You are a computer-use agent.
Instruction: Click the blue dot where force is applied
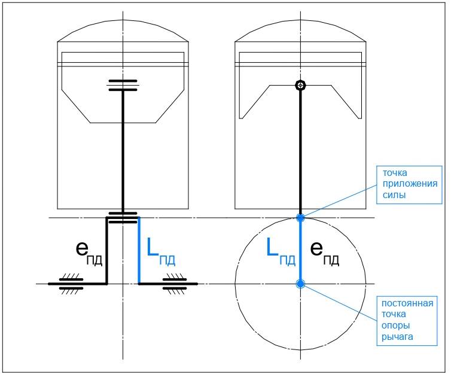[x=300, y=217]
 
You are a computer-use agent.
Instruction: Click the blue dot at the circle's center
[x=300, y=284]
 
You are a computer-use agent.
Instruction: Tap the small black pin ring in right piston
[x=300, y=86]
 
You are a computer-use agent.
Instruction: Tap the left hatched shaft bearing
[x=71, y=284]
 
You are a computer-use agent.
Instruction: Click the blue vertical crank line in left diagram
[x=139, y=251]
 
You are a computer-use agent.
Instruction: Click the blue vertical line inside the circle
[x=300, y=251]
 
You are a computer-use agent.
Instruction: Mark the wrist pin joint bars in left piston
[x=123, y=86]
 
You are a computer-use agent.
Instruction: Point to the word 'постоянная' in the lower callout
[x=407, y=303]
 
